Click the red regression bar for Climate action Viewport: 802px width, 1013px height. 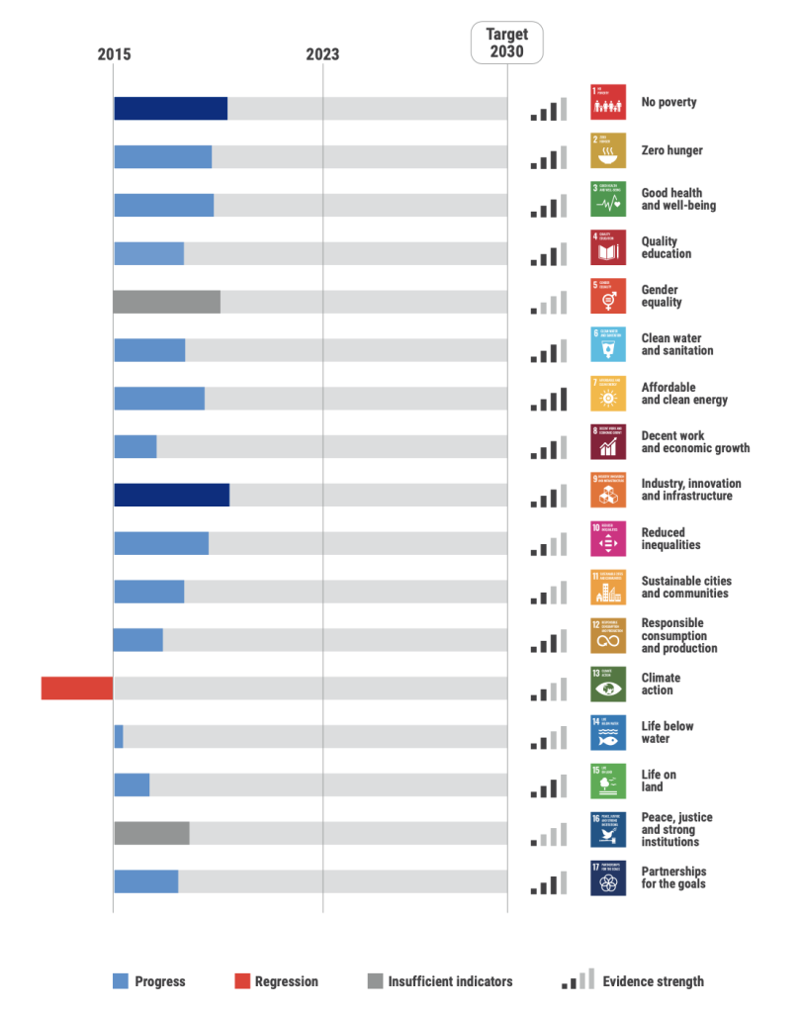tap(77, 689)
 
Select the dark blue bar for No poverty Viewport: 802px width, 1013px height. tap(170, 108)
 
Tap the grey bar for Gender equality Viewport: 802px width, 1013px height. tap(166, 302)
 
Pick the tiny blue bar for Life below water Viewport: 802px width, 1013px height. tap(119, 737)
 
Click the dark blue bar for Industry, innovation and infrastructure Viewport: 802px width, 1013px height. tap(171, 495)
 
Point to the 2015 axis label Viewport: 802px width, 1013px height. tap(114, 54)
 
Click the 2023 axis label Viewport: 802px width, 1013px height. tap(322, 54)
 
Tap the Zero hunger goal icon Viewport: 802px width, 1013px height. tap(608, 150)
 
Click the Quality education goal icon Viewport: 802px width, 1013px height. tap(608, 247)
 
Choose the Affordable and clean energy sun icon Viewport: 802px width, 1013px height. tap(608, 394)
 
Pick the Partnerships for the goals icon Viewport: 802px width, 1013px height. tap(608, 877)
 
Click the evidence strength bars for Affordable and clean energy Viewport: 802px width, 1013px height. tap(549, 399)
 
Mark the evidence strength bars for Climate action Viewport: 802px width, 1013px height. tap(549, 689)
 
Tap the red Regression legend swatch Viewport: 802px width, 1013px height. tap(241, 981)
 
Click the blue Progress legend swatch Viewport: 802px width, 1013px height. tap(121, 981)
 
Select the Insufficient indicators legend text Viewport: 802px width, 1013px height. tap(450, 981)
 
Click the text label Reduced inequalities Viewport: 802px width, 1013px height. tap(670, 538)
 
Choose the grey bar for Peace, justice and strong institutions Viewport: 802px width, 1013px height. tap(151, 833)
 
